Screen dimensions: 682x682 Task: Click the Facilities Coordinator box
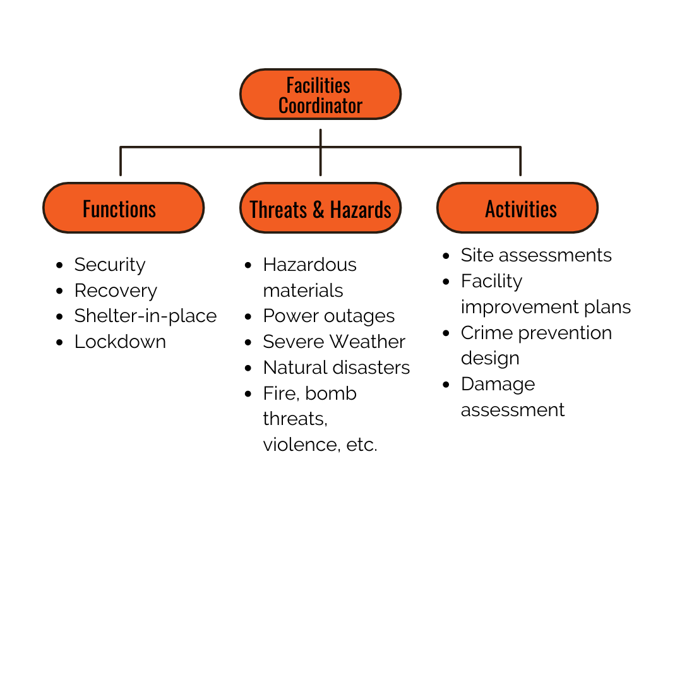(x=321, y=94)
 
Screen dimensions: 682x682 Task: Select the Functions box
(x=124, y=208)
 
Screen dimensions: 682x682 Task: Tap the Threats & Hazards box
(x=321, y=208)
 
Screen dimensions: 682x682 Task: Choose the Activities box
(x=518, y=208)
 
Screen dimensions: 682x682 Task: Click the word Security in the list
(x=110, y=265)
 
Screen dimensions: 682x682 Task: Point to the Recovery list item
(x=116, y=291)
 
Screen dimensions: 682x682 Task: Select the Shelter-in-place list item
(x=145, y=316)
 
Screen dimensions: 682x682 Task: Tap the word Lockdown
(x=120, y=342)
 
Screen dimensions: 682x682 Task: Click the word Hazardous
(x=309, y=265)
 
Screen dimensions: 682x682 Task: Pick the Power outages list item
(x=329, y=316)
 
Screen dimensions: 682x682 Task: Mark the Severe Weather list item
(x=334, y=342)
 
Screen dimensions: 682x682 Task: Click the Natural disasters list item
(x=336, y=368)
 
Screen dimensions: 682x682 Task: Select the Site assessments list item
(x=536, y=255)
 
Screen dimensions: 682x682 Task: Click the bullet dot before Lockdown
(x=59, y=342)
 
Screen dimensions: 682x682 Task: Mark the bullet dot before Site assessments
(x=446, y=256)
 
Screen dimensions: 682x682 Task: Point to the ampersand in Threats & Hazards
(x=318, y=210)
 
